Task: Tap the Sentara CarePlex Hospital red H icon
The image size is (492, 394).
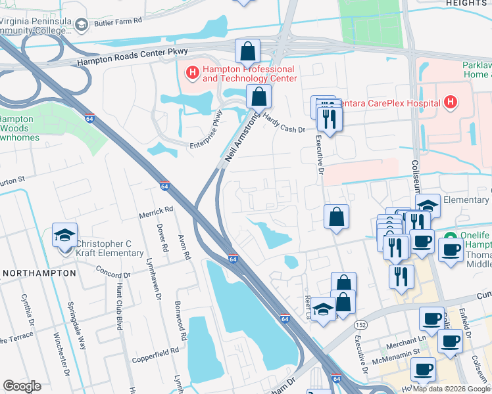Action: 450,102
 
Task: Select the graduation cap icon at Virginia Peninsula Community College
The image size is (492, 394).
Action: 82,26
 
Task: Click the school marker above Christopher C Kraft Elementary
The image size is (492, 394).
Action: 65,236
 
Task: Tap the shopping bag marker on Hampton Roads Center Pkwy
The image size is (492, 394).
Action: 247,51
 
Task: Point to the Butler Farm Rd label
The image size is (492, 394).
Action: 118,22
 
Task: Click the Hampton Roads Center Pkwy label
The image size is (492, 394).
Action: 132,57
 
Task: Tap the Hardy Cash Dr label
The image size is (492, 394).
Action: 285,121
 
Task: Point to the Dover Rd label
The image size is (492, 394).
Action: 161,239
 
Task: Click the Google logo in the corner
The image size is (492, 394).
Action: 22,386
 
